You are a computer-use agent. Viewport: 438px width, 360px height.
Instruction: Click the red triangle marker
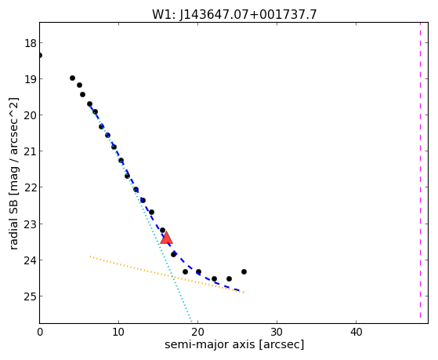tap(166, 238)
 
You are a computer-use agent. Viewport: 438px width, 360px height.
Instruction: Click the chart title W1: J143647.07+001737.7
tap(234, 15)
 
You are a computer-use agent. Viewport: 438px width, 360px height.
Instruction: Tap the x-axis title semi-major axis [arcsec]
tap(234, 344)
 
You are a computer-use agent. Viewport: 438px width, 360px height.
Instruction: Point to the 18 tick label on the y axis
tap(31, 43)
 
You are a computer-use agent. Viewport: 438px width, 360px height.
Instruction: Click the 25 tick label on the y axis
tap(31, 296)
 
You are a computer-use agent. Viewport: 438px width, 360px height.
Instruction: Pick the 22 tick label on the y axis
tap(31, 187)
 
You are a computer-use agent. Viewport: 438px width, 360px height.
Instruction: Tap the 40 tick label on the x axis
tap(356, 332)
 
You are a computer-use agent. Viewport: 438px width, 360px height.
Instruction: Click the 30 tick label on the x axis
tap(277, 332)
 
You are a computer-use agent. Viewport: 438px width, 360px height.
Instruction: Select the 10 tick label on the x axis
tap(118, 332)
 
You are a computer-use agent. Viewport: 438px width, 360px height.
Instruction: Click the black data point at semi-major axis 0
tap(40, 55)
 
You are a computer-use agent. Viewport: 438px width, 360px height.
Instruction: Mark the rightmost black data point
tap(244, 271)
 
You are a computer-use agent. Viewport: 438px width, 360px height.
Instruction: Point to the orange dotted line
tap(167, 275)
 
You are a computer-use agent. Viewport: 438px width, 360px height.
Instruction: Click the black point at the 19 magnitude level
tap(72, 78)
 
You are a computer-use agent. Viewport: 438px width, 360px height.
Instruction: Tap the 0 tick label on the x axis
tap(40, 332)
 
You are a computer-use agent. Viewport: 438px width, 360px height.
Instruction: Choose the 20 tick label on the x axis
tap(197, 332)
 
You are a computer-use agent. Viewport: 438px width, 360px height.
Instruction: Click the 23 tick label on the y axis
tap(31, 224)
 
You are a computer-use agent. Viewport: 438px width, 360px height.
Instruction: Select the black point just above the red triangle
tap(162, 231)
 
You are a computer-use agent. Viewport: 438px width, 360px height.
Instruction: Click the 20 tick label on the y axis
tap(31, 115)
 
